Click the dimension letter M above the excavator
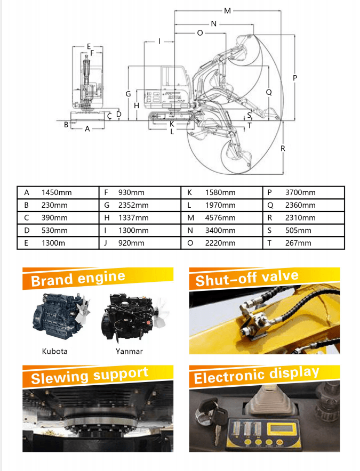click(227, 11)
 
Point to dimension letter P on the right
click(295, 78)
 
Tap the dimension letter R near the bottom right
click(283, 149)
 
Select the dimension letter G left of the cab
click(128, 94)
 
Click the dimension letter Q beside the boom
click(269, 92)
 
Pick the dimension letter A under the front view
click(87, 129)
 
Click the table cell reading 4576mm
click(220, 218)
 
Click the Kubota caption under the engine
click(55, 351)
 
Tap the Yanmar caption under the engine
click(129, 351)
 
